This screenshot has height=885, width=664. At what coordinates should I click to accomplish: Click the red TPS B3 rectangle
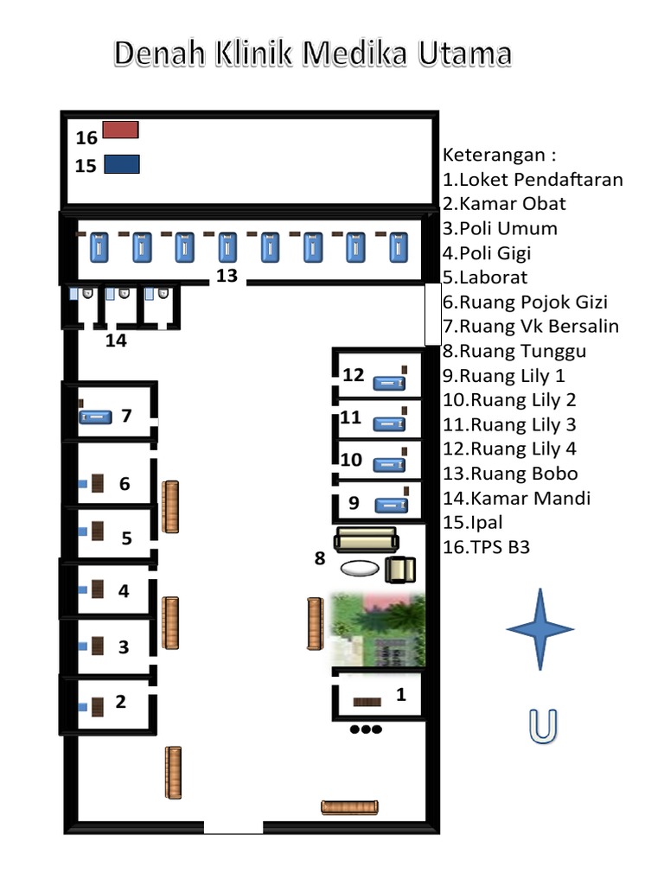[120, 130]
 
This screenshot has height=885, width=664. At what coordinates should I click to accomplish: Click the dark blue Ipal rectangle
[121, 163]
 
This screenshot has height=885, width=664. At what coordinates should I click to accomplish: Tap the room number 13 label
[227, 276]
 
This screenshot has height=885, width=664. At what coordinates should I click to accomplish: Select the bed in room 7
[95, 417]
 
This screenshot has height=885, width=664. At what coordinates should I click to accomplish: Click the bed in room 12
[388, 382]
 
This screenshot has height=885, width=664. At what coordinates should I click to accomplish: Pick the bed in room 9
[388, 504]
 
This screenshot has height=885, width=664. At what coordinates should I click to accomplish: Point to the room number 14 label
[116, 341]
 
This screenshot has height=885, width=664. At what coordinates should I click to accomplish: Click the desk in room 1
[367, 703]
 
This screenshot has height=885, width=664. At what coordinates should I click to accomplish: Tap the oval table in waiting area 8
[359, 568]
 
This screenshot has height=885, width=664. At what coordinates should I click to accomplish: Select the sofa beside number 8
[366, 539]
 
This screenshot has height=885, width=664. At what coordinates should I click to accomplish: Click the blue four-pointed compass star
[540, 628]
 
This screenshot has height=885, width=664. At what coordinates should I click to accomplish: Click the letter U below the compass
[541, 726]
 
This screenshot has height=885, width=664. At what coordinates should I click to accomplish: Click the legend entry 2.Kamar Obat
[504, 204]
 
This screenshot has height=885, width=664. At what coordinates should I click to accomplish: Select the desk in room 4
[98, 590]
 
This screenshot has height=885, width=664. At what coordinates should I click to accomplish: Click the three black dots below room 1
[366, 729]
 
